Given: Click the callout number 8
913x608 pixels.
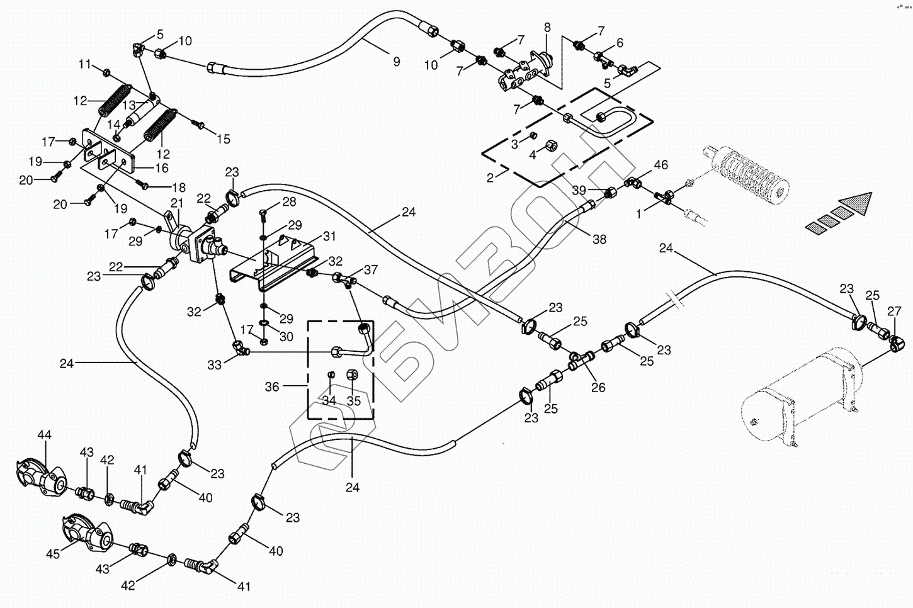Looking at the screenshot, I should point(547,27).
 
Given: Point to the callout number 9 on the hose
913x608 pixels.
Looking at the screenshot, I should point(396,62).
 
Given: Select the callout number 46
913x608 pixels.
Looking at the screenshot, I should point(661,166).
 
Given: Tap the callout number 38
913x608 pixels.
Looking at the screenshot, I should point(599,239).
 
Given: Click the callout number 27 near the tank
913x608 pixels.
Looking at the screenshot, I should point(894,311).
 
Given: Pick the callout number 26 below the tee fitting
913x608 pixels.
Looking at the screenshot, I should point(598,388).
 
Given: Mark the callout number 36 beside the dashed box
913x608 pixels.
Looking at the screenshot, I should point(271,387).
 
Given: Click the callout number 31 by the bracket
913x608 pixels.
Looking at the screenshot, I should point(330,236).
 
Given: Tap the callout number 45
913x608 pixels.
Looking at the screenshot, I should point(53,554).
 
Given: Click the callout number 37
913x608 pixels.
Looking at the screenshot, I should point(370,270).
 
